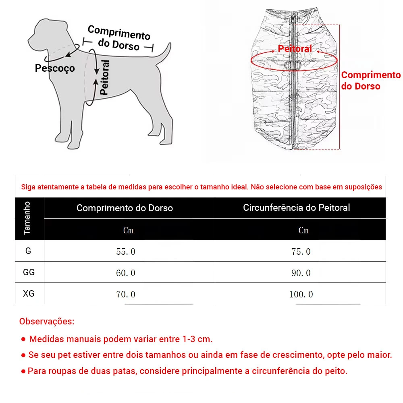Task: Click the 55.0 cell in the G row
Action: click(126, 251)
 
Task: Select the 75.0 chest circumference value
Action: click(301, 251)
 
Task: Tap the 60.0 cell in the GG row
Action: click(126, 273)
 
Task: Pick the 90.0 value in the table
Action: click(301, 273)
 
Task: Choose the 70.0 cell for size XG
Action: click(126, 294)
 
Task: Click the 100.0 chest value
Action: click(301, 294)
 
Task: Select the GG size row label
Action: click(29, 272)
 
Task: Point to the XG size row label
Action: click(29, 293)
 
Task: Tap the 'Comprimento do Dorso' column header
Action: click(125, 208)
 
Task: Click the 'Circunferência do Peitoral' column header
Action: click(296, 208)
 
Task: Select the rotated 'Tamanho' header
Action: click(27, 218)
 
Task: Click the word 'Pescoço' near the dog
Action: click(55, 68)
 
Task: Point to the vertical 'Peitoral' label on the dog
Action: click(104, 77)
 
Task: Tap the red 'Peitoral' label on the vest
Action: click(295, 49)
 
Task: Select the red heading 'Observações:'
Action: click(47, 322)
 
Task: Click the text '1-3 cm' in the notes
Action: click(197, 339)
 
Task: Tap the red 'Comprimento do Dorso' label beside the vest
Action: click(371, 80)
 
